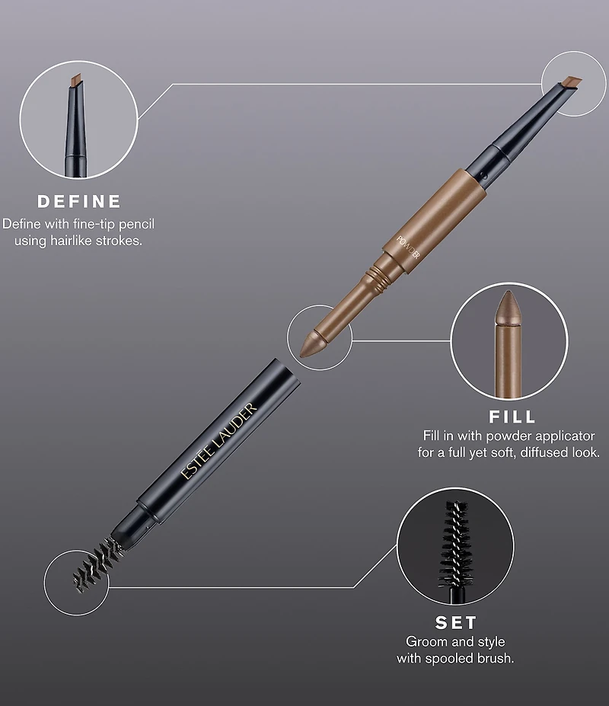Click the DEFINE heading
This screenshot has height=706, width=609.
[78, 201]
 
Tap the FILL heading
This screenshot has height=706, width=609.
[512, 417]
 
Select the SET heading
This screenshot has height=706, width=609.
[455, 623]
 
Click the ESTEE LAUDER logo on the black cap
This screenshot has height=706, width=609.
[218, 440]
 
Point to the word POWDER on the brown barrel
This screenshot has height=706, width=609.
[408, 248]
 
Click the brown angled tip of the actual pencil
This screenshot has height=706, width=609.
[572, 82]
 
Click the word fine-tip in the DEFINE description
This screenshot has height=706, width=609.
[94, 224]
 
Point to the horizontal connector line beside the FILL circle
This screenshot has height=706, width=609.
[401, 341]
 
